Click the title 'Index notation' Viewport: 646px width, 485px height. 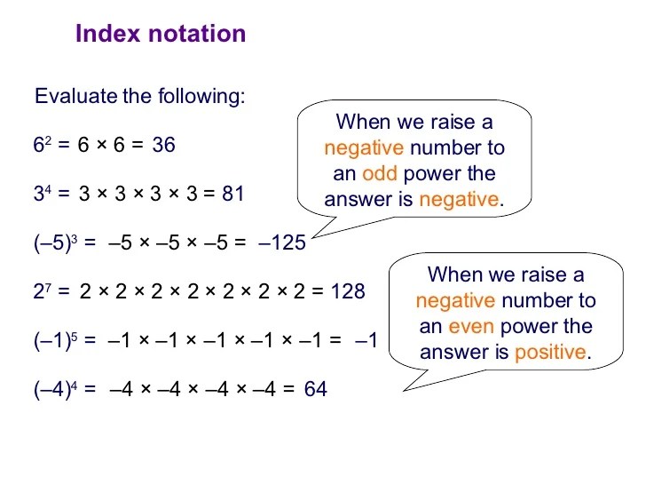(161, 34)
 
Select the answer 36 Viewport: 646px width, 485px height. (163, 145)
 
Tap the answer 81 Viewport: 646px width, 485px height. (233, 194)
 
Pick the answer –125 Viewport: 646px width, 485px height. (282, 242)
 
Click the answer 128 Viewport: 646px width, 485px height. (348, 291)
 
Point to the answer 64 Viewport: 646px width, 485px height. (316, 389)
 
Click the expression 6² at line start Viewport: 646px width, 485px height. (43, 145)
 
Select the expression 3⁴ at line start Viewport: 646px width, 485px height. (43, 194)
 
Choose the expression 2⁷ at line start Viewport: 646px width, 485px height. (43, 291)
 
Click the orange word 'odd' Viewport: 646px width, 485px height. (379, 173)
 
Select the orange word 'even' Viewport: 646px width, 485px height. (471, 326)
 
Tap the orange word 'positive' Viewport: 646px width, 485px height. (550, 352)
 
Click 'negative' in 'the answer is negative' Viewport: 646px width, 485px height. (459, 199)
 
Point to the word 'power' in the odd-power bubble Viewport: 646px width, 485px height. (430, 173)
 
